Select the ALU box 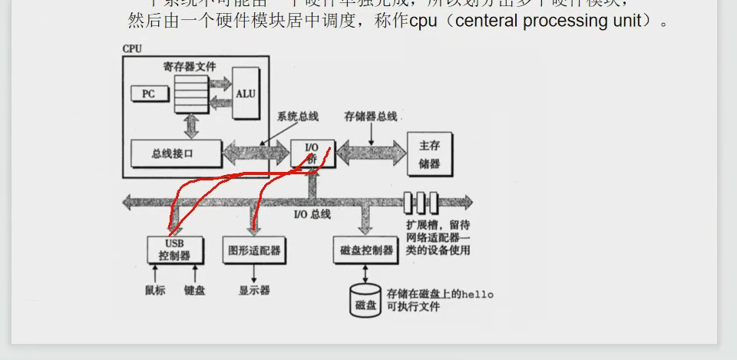(x=246, y=93)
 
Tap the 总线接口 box (x=176, y=154)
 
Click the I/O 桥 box (x=312, y=154)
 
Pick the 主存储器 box (x=429, y=154)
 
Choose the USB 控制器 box (x=175, y=249)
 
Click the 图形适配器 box (x=254, y=249)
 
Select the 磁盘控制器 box (x=365, y=250)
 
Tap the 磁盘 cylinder (x=365, y=301)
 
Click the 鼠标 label (x=155, y=290)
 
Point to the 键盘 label (x=194, y=290)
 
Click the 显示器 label (x=254, y=290)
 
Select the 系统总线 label (x=298, y=117)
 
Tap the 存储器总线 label (x=372, y=117)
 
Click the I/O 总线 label (x=312, y=214)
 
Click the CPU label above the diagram (x=132, y=49)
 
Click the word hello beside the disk (x=477, y=294)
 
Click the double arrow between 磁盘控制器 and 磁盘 (x=365, y=274)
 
